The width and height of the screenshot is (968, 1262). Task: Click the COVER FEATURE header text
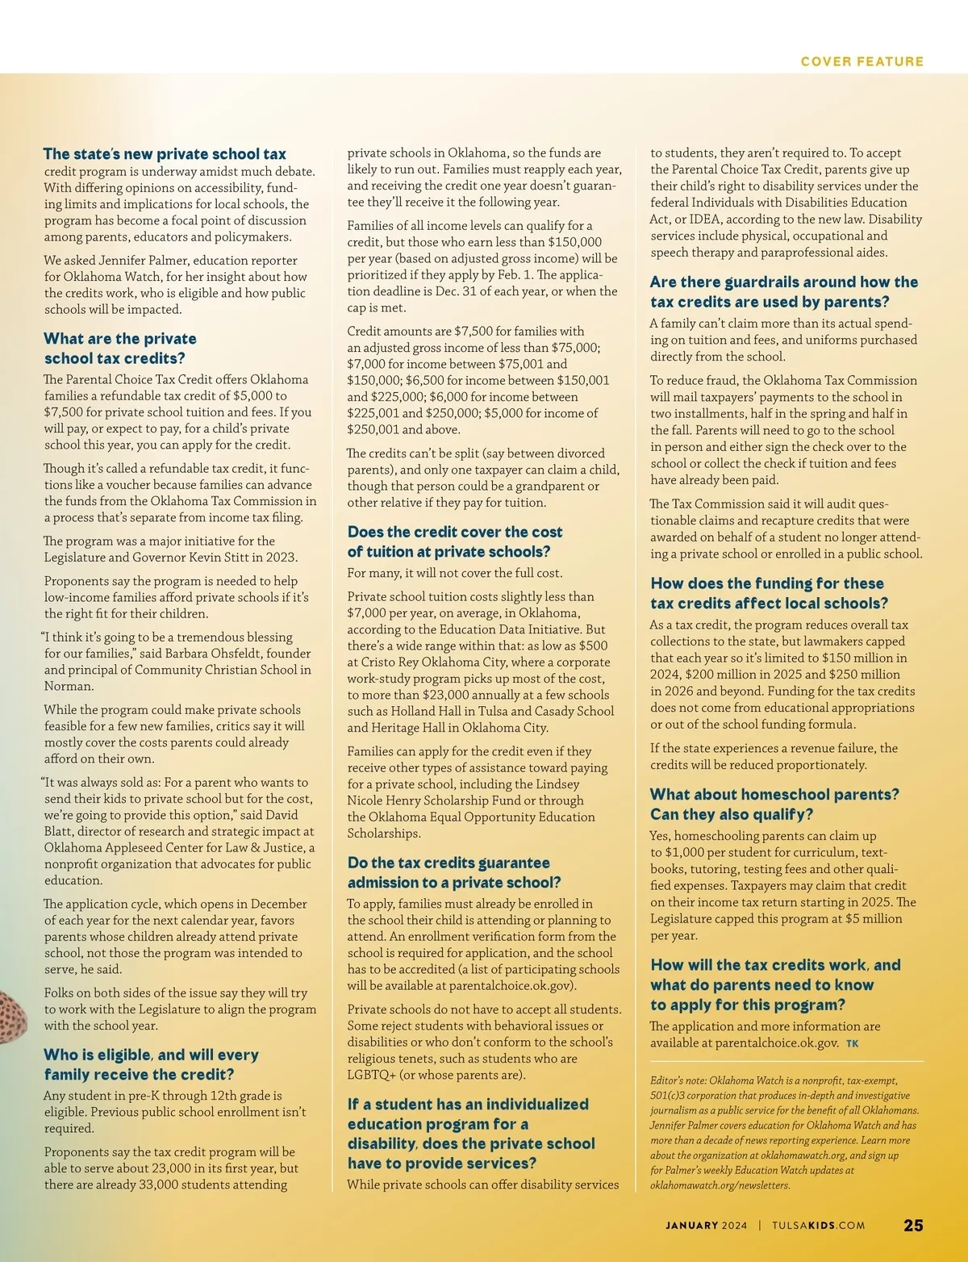[862, 61]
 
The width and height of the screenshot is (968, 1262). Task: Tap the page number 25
[913, 1225]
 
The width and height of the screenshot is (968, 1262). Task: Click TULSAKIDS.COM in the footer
[818, 1225]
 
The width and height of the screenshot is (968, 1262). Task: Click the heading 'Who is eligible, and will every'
[151, 1055]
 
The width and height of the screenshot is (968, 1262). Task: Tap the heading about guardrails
[783, 291]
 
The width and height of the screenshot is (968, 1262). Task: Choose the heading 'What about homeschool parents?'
[774, 795]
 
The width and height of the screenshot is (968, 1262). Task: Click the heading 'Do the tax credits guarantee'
[449, 863]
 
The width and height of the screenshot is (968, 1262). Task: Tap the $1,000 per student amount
[686, 853]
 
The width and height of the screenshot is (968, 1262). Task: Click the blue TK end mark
[853, 1044]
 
